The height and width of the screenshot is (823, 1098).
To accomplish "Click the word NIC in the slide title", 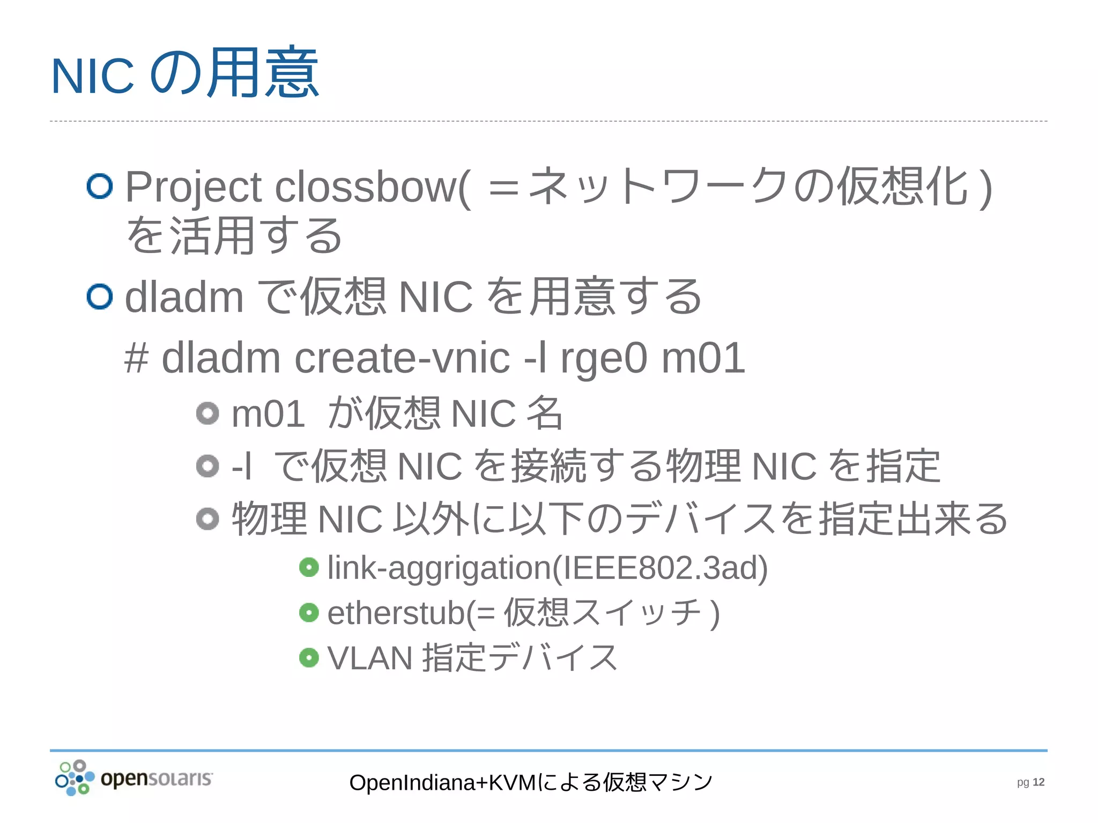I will pyautogui.click(x=92, y=76).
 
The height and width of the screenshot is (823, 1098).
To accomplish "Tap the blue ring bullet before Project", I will pyautogui.click(x=100, y=186).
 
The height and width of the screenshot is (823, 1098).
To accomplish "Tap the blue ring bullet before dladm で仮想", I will pyautogui.click(x=100, y=296).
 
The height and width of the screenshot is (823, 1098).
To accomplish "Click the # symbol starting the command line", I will pyautogui.click(x=136, y=358).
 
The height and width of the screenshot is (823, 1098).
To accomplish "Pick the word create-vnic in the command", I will pyautogui.click(x=402, y=358).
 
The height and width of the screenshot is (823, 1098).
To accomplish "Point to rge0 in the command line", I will pyautogui.click(x=604, y=358).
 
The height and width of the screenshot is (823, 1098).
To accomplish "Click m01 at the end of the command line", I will pyautogui.click(x=703, y=358).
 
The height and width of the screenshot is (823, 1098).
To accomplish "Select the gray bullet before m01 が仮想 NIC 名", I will pyautogui.click(x=207, y=413).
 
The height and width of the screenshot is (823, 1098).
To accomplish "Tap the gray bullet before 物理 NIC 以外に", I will pyautogui.click(x=207, y=518).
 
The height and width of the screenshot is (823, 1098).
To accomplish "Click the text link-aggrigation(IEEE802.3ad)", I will pyautogui.click(x=547, y=568).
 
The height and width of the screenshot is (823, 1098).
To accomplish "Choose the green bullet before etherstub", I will pyautogui.click(x=309, y=612).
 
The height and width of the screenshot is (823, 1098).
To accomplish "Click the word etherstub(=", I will pyautogui.click(x=411, y=613).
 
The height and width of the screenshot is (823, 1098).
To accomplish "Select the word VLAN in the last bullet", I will pyautogui.click(x=370, y=658).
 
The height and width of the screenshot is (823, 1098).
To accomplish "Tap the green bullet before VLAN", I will pyautogui.click(x=309, y=657).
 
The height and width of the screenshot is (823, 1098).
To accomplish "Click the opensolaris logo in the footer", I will pyautogui.click(x=134, y=778).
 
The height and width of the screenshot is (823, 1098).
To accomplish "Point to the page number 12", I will pyautogui.click(x=1038, y=782).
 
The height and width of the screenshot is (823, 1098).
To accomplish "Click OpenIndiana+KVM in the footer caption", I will pyautogui.click(x=442, y=783).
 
